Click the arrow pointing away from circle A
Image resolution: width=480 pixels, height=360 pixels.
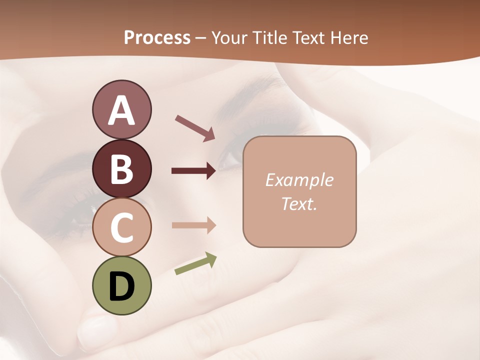point(194,128)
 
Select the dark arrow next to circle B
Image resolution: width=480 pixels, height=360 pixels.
point(193,171)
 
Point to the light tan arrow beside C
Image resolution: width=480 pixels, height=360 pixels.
point(193,225)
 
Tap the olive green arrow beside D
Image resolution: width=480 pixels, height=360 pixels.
point(195,263)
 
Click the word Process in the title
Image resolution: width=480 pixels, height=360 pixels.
point(157,38)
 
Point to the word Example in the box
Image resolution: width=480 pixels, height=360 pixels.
point(299,180)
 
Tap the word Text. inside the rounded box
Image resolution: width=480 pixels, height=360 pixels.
point(299,203)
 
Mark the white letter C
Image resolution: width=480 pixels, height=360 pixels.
point(121,228)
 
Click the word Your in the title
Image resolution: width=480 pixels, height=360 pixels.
point(228,38)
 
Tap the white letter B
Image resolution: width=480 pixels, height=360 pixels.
point(121,169)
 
